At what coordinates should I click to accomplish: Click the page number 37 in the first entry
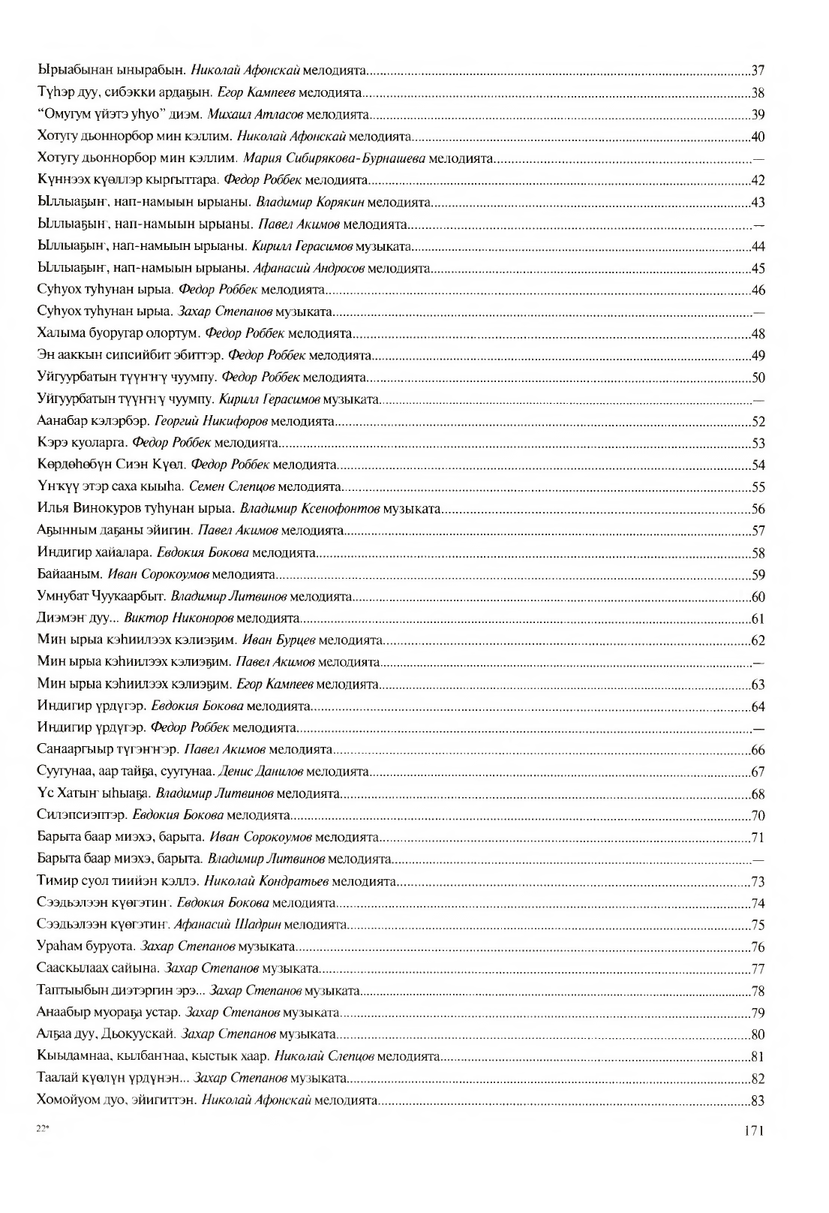(758, 72)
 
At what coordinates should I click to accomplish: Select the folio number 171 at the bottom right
(753, 1130)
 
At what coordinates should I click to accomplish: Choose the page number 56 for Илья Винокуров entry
(758, 510)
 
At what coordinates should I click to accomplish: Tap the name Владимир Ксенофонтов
(309, 510)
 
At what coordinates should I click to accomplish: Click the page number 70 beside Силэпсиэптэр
(758, 815)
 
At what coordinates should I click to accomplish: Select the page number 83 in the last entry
(758, 1100)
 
